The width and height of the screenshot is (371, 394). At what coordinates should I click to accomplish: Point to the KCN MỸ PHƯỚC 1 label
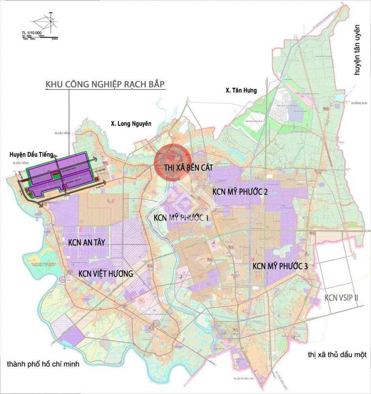coord(182,218)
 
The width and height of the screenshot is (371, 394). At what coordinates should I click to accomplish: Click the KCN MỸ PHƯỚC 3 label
coord(280,266)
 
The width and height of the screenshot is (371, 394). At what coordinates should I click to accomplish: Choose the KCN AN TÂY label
coord(86,242)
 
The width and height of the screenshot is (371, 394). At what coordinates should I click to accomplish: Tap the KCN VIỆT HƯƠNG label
coord(105,274)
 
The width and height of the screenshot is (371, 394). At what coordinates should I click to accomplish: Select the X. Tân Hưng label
coord(241,91)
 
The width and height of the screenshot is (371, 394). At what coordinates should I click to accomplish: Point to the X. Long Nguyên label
coord(131,124)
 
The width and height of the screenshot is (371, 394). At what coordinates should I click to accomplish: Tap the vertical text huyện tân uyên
coord(358,52)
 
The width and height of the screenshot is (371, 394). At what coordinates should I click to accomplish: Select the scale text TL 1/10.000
coord(34,32)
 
